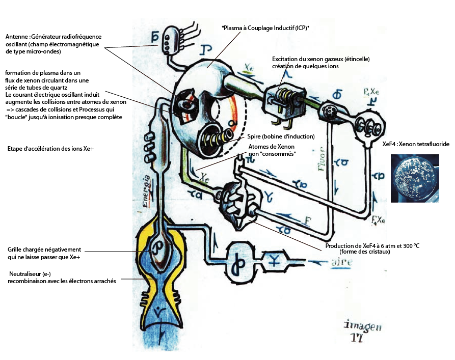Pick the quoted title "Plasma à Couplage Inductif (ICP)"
(x=265, y=29)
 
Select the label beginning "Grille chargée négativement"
(x=44, y=253)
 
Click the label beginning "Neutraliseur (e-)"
(x=62, y=277)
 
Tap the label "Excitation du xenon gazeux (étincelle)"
(x=320, y=63)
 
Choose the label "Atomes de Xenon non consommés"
(x=272, y=150)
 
